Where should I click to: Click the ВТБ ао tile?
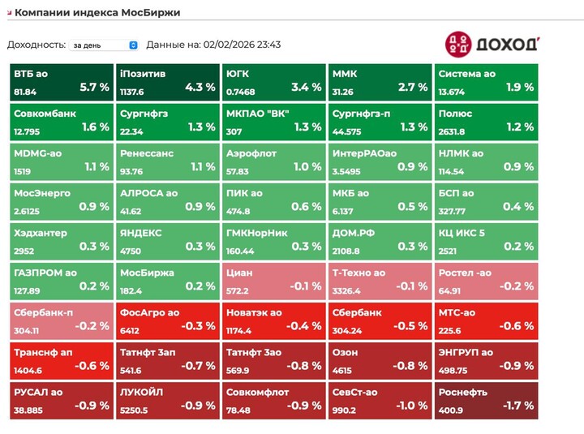[61, 82]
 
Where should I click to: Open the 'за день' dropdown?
[104, 45]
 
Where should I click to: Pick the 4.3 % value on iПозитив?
[200, 87]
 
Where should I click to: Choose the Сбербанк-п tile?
[61, 320]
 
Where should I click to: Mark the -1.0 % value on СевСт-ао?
[412, 405]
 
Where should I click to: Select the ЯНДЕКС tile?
[167, 241]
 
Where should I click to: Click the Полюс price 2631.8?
[452, 132]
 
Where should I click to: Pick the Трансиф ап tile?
[61, 360]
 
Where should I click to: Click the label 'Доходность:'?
[36, 45]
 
